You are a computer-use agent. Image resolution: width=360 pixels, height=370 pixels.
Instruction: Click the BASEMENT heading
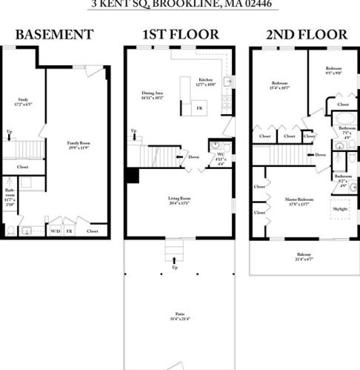(54, 35)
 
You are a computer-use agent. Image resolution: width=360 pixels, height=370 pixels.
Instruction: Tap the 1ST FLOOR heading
(181, 35)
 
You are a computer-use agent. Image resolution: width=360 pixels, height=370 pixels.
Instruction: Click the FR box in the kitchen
(199, 109)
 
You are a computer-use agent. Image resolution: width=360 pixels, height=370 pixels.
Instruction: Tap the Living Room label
(180, 199)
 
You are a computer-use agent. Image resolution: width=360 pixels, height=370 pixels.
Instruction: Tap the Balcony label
(304, 256)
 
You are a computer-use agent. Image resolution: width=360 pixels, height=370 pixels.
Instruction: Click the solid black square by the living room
(133, 175)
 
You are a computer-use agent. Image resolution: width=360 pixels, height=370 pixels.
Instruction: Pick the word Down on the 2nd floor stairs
(320, 155)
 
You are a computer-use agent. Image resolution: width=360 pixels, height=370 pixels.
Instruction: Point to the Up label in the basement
(9, 133)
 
